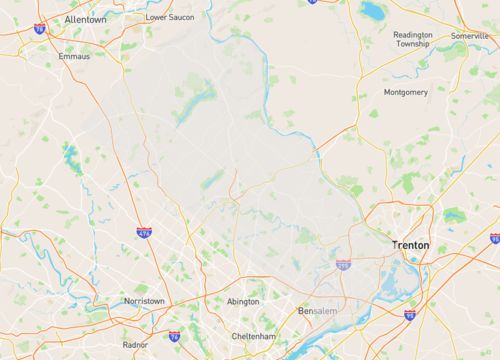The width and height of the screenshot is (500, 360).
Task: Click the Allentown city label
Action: point(86,19)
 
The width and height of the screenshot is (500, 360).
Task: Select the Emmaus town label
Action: point(73,56)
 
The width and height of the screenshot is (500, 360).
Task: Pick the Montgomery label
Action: point(406,92)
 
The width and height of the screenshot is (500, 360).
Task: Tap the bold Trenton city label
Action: point(412,244)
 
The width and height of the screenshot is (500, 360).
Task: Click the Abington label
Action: point(243,300)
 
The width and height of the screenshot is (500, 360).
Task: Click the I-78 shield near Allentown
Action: point(39,29)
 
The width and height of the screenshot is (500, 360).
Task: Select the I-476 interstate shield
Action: point(145,232)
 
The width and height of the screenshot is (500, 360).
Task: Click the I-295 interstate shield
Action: point(343,266)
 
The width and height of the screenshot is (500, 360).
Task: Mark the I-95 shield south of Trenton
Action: point(410,315)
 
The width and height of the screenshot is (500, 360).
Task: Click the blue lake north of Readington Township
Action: point(371,11)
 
